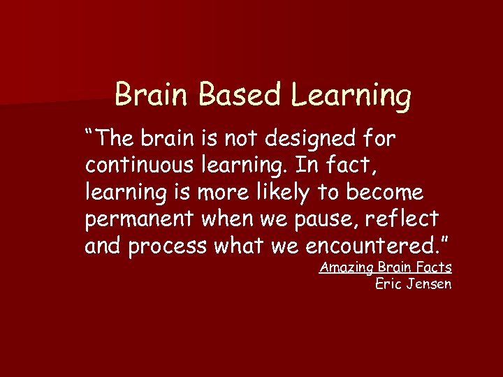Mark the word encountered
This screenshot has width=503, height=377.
pos(376,246)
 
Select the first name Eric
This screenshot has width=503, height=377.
pos(388,283)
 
